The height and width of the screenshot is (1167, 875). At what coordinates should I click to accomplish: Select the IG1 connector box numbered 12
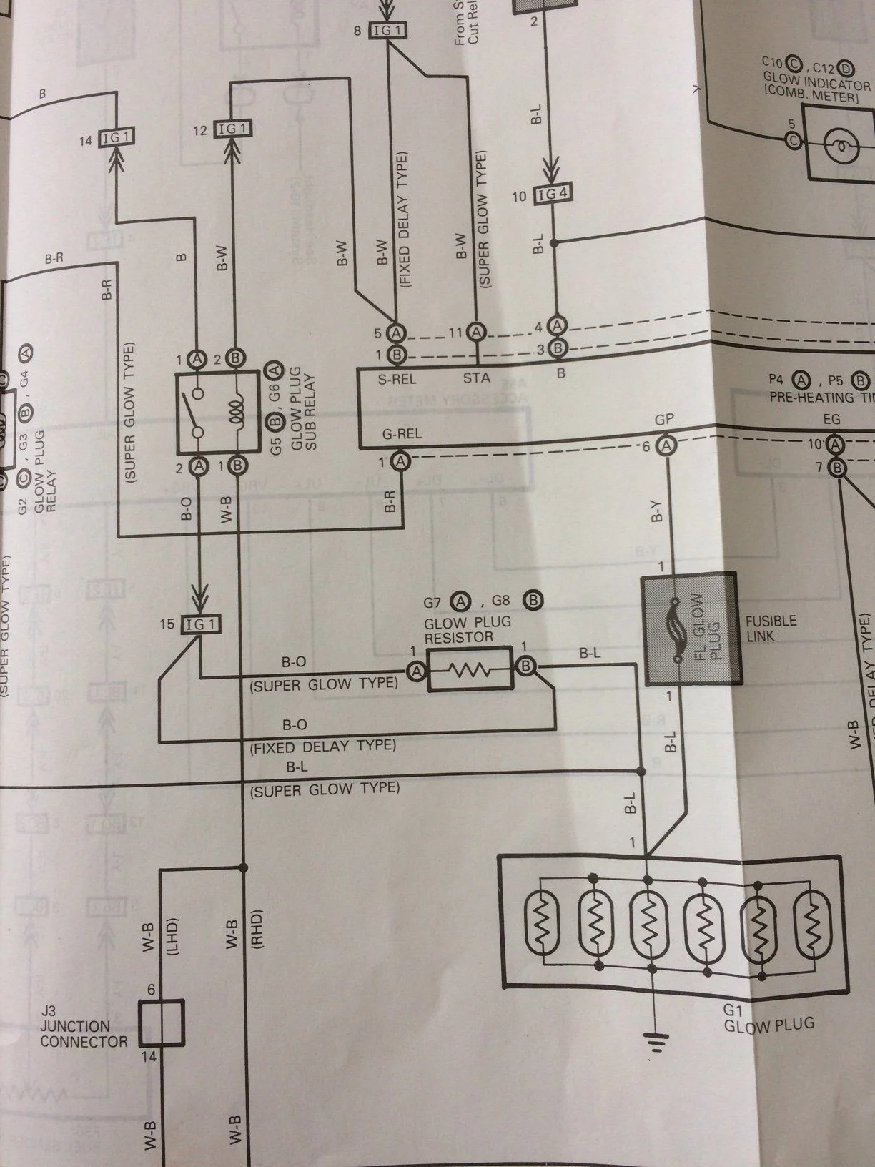point(233,129)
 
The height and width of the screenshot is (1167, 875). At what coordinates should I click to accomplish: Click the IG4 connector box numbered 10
point(555,194)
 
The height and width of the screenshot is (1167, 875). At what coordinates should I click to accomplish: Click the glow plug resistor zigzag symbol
point(470,670)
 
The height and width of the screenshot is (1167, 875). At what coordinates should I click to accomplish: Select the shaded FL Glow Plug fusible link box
point(689,629)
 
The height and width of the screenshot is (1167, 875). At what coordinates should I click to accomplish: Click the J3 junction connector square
point(161,1023)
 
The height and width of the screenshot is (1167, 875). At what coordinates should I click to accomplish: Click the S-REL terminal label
point(397,379)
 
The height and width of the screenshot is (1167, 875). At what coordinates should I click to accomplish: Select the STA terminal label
point(476,377)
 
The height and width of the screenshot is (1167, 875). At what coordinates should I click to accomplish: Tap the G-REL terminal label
point(402,433)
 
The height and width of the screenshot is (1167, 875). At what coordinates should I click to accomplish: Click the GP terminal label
point(664,420)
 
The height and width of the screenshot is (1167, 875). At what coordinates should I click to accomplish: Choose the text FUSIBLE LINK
point(770,629)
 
